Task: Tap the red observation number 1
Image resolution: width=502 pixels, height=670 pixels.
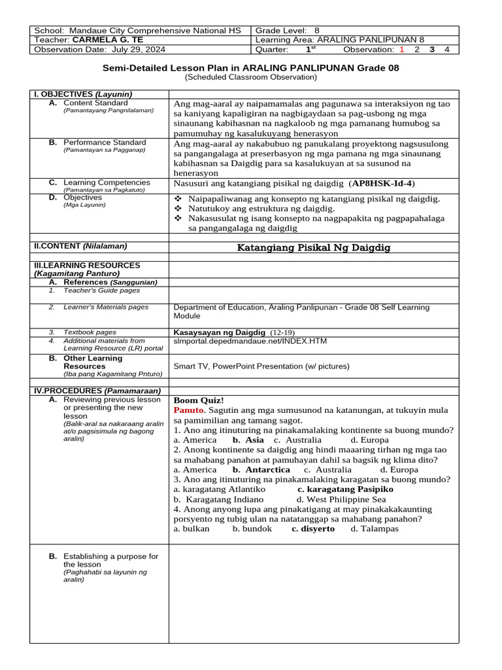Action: (x=402, y=49)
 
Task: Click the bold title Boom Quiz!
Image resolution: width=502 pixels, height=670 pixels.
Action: (x=199, y=400)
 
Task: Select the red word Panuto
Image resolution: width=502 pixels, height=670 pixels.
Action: (x=189, y=410)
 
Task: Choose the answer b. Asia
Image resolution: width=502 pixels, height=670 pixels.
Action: (x=243, y=440)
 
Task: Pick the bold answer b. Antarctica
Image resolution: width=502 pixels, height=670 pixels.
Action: (x=261, y=470)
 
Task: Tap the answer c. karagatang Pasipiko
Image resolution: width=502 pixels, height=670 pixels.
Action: (x=345, y=489)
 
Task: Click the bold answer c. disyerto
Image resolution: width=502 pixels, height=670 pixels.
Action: (x=313, y=529)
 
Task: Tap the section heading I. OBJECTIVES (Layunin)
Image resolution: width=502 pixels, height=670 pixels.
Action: (x=83, y=94)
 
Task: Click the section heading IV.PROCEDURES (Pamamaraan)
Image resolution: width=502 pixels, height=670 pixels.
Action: (x=88, y=391)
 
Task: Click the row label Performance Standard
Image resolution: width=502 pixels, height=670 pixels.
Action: (x=105, y=142)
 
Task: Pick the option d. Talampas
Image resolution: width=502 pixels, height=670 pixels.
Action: (x=374, y=529)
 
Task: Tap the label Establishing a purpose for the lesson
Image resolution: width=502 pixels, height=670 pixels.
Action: (x=110, y=560)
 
